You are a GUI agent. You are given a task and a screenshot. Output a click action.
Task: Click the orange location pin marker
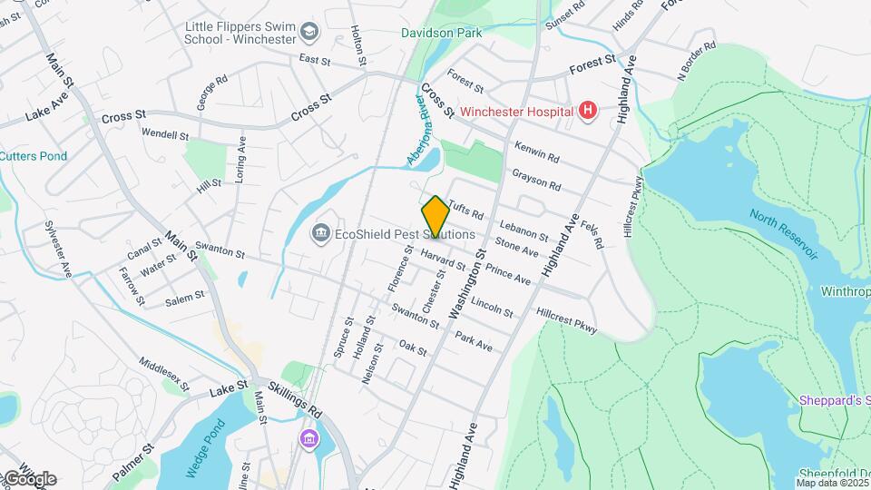pyautogui.click(x=435, y=216)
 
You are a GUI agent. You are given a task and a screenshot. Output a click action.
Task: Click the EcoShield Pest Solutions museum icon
pyautogui.click(x=320, y=234)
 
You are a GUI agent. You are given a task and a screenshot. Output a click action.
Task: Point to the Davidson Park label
pyautogui.click(x=442, y=33)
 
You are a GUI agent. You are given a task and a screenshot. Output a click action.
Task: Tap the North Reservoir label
pyautogui.click(x=784, y=234)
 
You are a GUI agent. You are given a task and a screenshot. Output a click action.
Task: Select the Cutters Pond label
pyautogui.click(x=34, y=156)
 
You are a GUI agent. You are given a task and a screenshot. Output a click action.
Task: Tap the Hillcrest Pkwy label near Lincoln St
pyautogui.click(x=566, y=321)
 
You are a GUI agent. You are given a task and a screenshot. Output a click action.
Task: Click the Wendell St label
pyautogui.click(x=165, y=134)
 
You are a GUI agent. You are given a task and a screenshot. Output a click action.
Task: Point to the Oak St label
pyautogui.click(x=413, y=348)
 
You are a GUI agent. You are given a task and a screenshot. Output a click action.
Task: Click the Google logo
pyautogui.click(x=29, y=479)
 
